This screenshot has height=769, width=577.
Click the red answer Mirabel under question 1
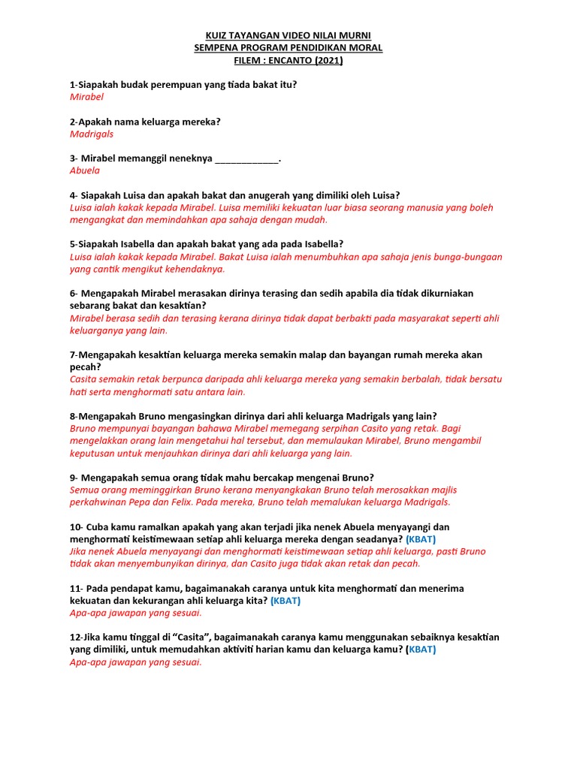[x=86, y=97]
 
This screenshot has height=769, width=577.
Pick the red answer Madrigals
[x=92, y=134]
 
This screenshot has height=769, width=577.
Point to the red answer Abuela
[x=85, y=170]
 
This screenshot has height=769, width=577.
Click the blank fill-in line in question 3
[x=246, y=158]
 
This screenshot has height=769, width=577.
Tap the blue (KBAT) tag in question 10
[x=421, y=539]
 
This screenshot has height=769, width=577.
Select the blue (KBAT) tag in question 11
[x=285, y=601]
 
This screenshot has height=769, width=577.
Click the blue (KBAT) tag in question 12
[x=421, y=650]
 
